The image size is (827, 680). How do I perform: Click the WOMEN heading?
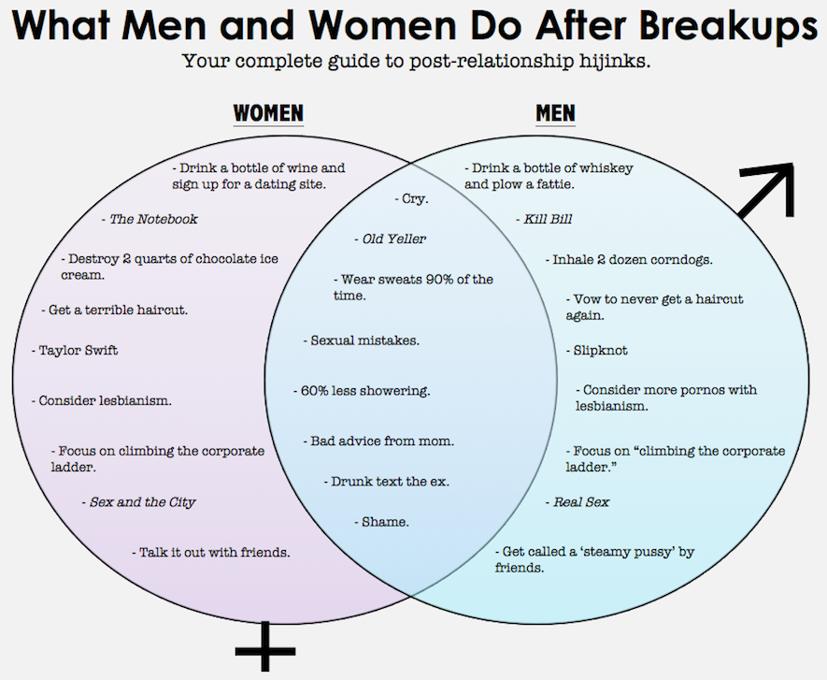268,114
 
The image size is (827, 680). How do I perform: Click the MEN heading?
555,114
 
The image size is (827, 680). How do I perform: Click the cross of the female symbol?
264,646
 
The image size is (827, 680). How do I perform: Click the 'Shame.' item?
382,522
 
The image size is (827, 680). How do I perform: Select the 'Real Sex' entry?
578,502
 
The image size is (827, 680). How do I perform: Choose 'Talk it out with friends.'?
211,552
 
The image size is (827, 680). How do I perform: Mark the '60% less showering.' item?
362,391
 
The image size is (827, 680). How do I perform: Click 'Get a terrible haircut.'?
121,310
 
